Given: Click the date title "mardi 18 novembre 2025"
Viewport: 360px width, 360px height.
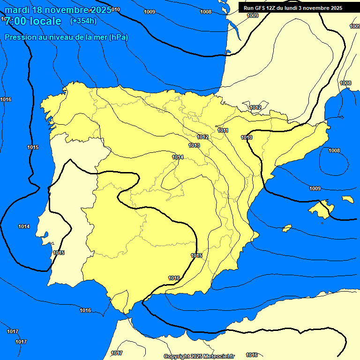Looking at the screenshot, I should [x=58, y=10].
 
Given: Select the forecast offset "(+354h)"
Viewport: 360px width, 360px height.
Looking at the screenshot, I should [x=83, y=21].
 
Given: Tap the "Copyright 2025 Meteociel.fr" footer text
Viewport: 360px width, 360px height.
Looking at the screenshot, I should [x=199, y=356].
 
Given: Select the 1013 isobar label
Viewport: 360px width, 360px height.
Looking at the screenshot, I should [x=194, y=146].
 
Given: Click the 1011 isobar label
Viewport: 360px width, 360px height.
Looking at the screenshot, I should [x=223, y=130].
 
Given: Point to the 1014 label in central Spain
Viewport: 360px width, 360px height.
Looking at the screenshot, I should [x=178, y=157].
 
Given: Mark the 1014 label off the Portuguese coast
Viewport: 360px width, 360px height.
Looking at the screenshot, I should [x=24, y=227].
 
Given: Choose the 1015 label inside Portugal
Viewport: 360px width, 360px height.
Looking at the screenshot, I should [x=59, y=253].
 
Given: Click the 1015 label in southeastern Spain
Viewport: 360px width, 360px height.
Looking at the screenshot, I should [x=196, y=255].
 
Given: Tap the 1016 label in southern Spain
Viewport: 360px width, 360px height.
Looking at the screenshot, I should [x=174, y=278].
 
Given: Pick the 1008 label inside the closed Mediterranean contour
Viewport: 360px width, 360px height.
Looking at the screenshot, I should [x=334, y=150].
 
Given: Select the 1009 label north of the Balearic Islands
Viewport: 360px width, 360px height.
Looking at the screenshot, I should [x=315, y=188].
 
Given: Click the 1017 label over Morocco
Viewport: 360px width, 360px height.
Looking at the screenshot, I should [x=117, y=353].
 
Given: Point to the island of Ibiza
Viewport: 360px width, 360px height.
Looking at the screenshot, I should [x=287, y=228].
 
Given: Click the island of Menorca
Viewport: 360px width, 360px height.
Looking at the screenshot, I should [x=347, y=199].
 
